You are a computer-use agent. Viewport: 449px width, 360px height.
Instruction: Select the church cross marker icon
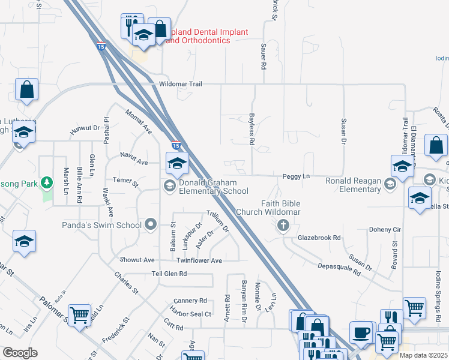pyautogui.click(x=283, y=226)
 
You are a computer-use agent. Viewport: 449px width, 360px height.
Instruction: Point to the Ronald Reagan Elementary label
pyautogui.click(x=354, y=185)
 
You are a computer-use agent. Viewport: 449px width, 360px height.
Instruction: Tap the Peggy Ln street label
pyautogui.click(x=296, y=176)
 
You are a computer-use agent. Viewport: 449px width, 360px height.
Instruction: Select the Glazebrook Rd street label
pyautogui.click(x=319, y=238)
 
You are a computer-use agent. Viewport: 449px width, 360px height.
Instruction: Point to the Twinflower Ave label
pyautogui.click(x=199, y=260)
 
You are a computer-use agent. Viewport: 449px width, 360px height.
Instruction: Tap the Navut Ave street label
pyautogui.click(x=134, y=162)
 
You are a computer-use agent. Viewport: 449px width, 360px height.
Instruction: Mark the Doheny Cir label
pyautogui.click(x=385, y=230)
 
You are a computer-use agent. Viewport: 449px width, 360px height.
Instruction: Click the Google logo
pyautogui.click(x=19, y=353)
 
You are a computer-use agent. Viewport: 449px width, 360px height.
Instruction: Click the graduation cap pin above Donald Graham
pyautogui.click(x=177, y=163)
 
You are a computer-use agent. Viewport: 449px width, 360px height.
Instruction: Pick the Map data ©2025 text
pyautogui.click(x=424, y=355)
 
